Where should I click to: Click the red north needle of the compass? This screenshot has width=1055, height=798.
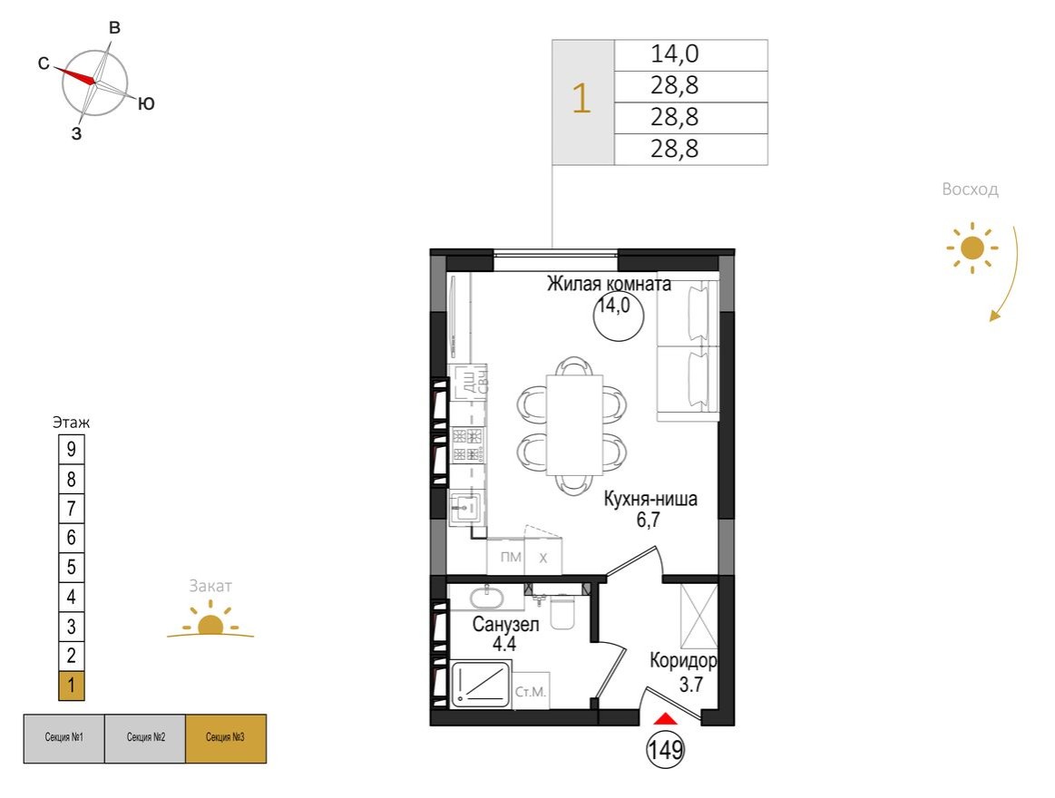pyautogui.click(x=76, y=75)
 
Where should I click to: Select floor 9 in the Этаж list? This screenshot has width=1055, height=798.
pyautogui.click(x=71, y=448)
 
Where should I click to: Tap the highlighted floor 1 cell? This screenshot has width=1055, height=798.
pyautogui.click(x=71, y=686)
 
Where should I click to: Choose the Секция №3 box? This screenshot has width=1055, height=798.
pyautogui.click(x=226, y=737)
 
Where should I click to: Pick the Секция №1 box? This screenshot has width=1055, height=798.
pyautogui.click(x=63, y=737)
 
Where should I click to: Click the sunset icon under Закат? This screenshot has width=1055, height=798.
pyautogui.click(x=210, y=622)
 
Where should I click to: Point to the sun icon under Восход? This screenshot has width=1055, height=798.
pyautogui.click(x=972, y=247)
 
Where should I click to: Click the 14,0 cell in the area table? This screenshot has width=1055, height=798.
pyautogui.click(x=690, y=54)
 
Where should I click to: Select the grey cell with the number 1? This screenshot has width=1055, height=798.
pyautogui.click(x=582, y=102)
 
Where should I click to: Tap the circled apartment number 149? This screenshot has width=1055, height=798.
pyautogui.click(x=665, y=750)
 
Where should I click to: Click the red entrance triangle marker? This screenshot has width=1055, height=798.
pyautogui.click(x=666, y=718)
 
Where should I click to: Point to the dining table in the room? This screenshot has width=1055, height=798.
pyautogui.click(x=573, y=423)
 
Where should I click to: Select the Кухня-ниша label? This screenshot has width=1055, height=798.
pyautogui.click(x=651, y=500)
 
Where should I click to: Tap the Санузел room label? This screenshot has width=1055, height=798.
pyautogui.click(x=506, y=624)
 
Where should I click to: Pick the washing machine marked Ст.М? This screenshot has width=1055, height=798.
pyautogui.click(x=530, y=692)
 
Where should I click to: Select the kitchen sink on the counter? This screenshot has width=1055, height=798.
pyautogui.click(x=468, y=508)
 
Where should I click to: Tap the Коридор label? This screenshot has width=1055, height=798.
pyautogui.click(x=684, y=661)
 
